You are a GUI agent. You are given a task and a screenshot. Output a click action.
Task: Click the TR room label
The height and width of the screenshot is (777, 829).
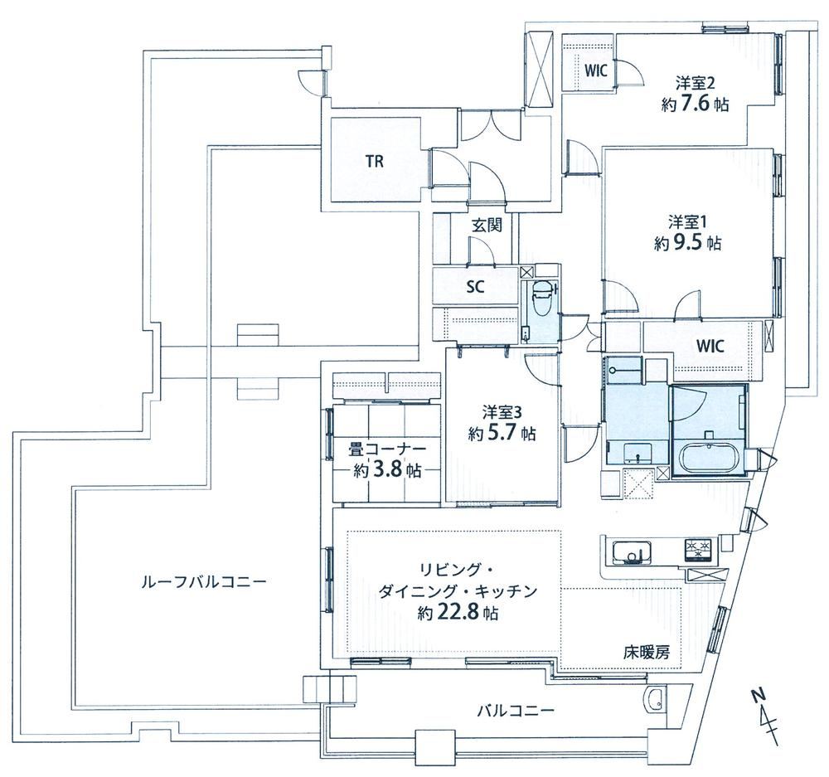click(x=375, y=162)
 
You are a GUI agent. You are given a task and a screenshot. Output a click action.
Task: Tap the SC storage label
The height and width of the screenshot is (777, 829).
click(x=476, y=287)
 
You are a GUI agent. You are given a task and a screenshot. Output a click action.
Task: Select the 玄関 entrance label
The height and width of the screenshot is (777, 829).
click(x=487, y=226)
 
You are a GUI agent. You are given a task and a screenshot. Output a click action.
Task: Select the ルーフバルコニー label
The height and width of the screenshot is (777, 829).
click(x=204, y=582)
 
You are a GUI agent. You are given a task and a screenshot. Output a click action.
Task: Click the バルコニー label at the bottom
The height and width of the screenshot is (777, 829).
click(x=516, y=710)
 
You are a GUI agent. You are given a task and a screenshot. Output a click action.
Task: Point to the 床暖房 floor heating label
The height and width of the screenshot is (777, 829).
click(x=646, y=653)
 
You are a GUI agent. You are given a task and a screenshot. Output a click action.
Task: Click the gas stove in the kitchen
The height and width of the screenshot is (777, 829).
click(x=700, y=550)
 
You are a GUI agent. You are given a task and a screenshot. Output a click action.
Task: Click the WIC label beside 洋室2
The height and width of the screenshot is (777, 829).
click(x=594, y=70)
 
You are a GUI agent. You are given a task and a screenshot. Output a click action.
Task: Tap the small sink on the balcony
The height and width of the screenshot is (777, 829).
click(x=656, y=700)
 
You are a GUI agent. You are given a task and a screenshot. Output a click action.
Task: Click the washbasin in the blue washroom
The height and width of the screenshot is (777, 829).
click(x=636, y=451)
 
